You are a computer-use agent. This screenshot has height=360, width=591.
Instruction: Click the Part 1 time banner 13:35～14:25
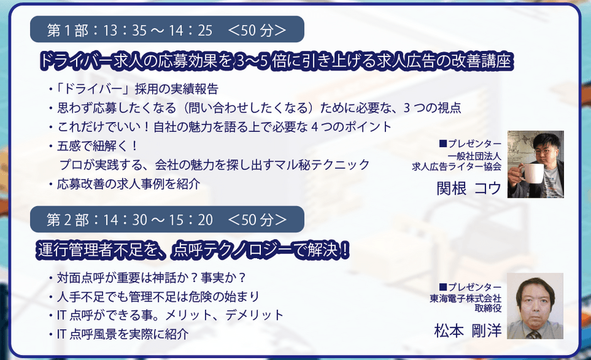(x=167, y=30)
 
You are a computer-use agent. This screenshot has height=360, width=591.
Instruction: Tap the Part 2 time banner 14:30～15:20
(x=167, y=219)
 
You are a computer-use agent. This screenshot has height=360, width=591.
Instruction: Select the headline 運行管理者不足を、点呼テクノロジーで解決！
(x=194, y=250)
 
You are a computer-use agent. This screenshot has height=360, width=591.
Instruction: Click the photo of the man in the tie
(x=535, y=306)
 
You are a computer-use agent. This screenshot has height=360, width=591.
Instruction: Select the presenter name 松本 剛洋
(x=468, y=331)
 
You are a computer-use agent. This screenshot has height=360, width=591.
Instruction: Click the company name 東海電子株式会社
(x=465, y=298)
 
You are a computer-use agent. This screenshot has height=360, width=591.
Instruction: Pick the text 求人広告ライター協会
(x=457, y=166)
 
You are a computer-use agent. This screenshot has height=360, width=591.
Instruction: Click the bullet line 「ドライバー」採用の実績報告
(x=134, y=89)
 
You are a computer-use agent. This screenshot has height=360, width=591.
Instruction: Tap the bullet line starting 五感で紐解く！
(x=94, y=146)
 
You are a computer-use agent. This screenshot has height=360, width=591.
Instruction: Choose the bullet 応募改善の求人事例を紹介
(x=124, y=184)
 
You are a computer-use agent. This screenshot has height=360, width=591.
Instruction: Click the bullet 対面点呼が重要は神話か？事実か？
(x=147, y=278)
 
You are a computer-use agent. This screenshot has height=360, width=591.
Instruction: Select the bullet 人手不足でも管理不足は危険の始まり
(x=154, y=297)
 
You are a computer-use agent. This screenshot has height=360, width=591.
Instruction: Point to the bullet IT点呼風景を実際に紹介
(x=119, y=334)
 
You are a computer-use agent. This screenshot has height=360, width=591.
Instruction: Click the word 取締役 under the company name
(x=488, y=308)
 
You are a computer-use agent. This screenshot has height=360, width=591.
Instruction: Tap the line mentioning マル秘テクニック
(x=214, y=165)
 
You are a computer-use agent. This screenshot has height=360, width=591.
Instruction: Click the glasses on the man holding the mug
(x=543, y=150)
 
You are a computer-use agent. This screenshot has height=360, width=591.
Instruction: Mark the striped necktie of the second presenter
(x=534, y=334)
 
